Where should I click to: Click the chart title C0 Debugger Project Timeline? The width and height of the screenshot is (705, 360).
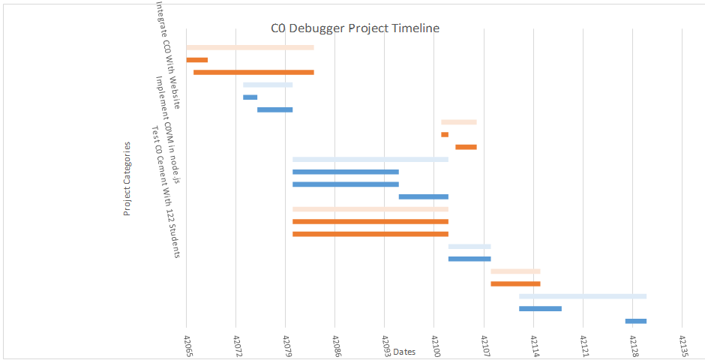[x=355, y=28]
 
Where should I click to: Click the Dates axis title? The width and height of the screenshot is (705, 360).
[x=404, y=352]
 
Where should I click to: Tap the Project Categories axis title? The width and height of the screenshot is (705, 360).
[x=127, y=178]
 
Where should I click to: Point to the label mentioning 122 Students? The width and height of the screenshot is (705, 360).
[x=166, y=192]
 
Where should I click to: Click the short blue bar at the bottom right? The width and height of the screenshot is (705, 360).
[x=635, y=321]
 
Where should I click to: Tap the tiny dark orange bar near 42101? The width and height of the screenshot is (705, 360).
[x=445, y=134]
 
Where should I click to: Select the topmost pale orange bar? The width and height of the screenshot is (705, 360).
[x=250, y=47]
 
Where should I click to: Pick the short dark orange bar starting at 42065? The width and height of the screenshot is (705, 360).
[x=196, y=59]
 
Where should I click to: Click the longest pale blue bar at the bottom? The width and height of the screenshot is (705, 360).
[x=582, y=296]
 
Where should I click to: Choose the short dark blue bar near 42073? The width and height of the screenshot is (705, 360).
[x=250, y=97]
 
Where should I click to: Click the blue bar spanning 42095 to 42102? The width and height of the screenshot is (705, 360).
[x=423, y=196]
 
